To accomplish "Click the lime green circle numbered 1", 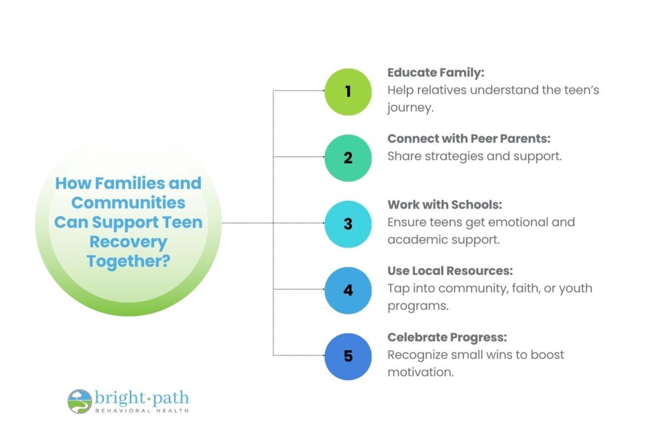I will click(348, 91).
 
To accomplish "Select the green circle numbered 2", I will click(348, 158).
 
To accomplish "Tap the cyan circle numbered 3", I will click(348, 224).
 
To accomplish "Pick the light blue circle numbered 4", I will click(348, 290).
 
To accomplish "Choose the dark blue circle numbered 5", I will click(348, 356).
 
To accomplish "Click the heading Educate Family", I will click(435, 73).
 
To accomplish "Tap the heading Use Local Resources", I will click(450, 271).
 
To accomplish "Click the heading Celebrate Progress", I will click(447, 338).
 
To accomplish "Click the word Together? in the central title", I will click(128, 261).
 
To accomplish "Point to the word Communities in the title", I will click(128, 203).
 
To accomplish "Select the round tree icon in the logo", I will click(80, 401).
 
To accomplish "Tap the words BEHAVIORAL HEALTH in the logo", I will click(141, 411).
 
